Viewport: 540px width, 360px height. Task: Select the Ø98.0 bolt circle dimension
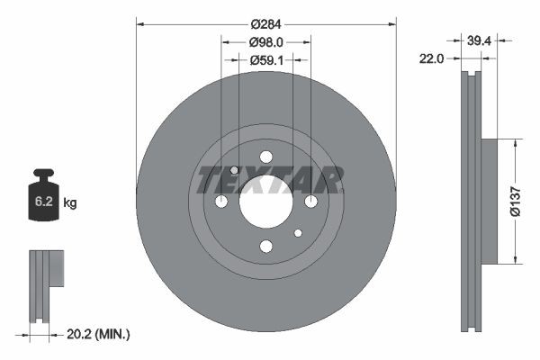point(265,41)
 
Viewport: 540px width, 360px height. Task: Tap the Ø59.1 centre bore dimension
point(265,61)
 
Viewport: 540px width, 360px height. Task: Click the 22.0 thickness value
point(433,59)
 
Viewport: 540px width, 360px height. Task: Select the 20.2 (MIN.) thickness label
point(100,334)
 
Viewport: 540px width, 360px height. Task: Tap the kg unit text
point(69,204)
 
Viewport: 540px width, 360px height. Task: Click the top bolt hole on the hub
point(265,157)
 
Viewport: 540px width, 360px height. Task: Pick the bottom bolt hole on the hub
point(265,246)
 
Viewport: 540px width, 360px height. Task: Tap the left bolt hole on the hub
point(221,202)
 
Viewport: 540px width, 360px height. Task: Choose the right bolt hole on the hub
point(310,202)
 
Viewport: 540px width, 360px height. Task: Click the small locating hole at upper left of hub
point(234,170)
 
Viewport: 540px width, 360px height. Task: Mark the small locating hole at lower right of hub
point(298,233)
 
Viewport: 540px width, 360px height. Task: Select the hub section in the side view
point(490,202)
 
